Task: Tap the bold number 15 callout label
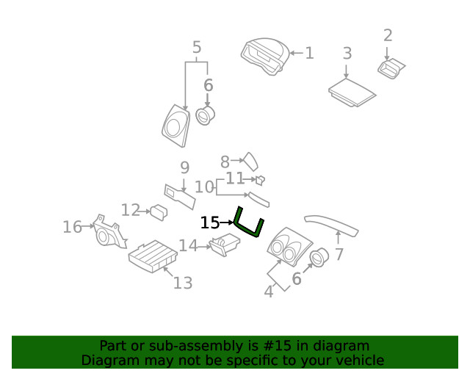click(209, 223)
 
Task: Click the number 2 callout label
click(388, 35)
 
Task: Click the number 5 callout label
click(197, 48)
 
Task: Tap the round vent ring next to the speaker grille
click(206, 115)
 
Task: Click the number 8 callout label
click(225, 159)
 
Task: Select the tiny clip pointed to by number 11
click(260, 180)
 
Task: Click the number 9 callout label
click(185, 167)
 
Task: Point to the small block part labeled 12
click(158, 213)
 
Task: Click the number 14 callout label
click(188, 245)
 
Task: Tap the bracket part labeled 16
click(109, 233)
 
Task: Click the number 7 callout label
click(339, 255)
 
